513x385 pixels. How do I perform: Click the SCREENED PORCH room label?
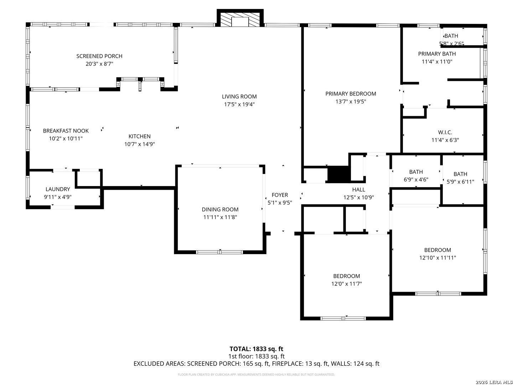point(99,56)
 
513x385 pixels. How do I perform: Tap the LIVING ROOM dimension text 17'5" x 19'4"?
point(239,104)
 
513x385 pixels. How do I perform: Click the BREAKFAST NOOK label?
point(66,131)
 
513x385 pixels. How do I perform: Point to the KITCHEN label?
point(140,136)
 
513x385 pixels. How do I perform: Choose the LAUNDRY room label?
point(58,189)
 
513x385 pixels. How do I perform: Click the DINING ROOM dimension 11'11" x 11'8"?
point(220,217)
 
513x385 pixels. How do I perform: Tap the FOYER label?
point(280,195)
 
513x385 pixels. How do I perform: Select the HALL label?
point(358,190)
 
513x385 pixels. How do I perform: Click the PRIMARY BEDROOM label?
point(351,94)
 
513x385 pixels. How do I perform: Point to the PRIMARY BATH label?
point(437,54)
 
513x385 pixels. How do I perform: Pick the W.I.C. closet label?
point(445,132)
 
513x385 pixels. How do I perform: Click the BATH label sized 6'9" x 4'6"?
point(416,172)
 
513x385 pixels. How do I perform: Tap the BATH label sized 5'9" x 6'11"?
point(460,174)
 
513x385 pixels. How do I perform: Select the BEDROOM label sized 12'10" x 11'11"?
point(437,250)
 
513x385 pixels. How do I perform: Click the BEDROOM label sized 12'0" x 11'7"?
point(347,276)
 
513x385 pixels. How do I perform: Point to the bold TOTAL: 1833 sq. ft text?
point(256,349)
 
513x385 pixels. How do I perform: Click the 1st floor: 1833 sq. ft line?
point(256,356)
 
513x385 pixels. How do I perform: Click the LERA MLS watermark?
point(494,382)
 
